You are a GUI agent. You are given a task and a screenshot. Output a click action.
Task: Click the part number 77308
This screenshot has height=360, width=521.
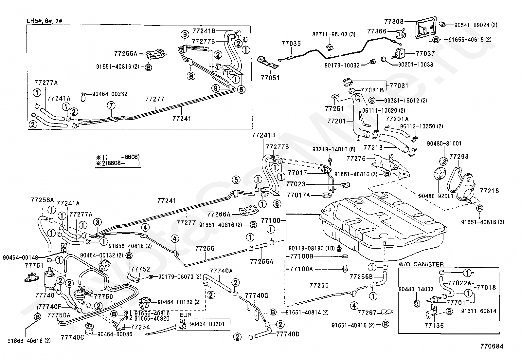(x=394, y=21)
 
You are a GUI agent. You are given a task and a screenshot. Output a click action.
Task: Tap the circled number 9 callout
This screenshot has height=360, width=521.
(x=184, y=34)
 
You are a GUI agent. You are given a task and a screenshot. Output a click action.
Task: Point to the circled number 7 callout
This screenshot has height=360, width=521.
(x=111, y=105)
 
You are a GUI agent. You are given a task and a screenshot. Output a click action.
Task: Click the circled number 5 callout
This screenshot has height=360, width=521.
(x=236, y=180)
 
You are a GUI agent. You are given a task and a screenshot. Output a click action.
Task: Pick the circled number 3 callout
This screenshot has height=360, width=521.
(x=97, y=222)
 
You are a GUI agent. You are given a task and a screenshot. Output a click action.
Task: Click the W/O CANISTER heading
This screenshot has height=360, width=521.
(x=421, y=264)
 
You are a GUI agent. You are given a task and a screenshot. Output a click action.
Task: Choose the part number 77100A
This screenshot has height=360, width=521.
(x=301, y=269)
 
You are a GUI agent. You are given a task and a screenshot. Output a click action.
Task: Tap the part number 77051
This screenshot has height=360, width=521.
(x=270, y=78)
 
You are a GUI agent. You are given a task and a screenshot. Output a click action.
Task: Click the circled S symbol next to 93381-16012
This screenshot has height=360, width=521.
(x=372, y=100)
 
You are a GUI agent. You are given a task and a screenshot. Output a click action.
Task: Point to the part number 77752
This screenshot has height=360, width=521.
(x=140, y=269)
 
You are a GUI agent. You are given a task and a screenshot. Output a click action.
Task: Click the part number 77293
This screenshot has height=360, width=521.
(x=459, y=157)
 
